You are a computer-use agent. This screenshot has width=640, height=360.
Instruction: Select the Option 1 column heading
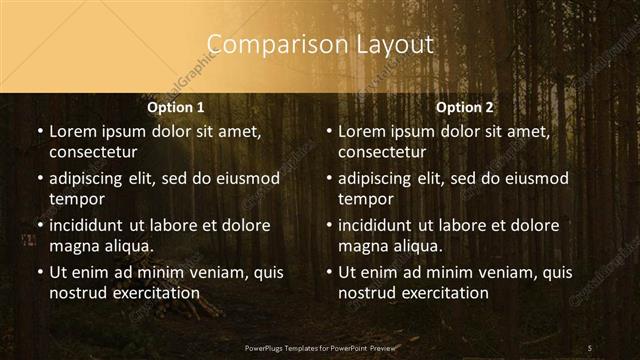point(176,107)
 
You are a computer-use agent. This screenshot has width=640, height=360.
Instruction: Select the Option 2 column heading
point(465,107)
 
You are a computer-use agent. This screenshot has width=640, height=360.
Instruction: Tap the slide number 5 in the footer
point(589,347)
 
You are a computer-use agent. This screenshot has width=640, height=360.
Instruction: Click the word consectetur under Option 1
point(93,153)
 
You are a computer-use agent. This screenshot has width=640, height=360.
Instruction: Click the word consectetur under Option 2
point(382,153)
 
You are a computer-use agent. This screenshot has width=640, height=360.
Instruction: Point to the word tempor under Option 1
point(74,200)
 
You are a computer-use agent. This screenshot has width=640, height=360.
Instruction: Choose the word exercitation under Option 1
point(155,293)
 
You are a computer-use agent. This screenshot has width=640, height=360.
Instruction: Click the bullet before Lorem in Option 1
point(39,131)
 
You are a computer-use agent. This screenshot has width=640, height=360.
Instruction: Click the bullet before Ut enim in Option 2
point(328,272)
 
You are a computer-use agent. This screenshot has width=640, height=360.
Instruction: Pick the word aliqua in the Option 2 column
point(416,246)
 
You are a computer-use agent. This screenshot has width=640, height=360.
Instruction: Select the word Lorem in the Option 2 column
point(360,131)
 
